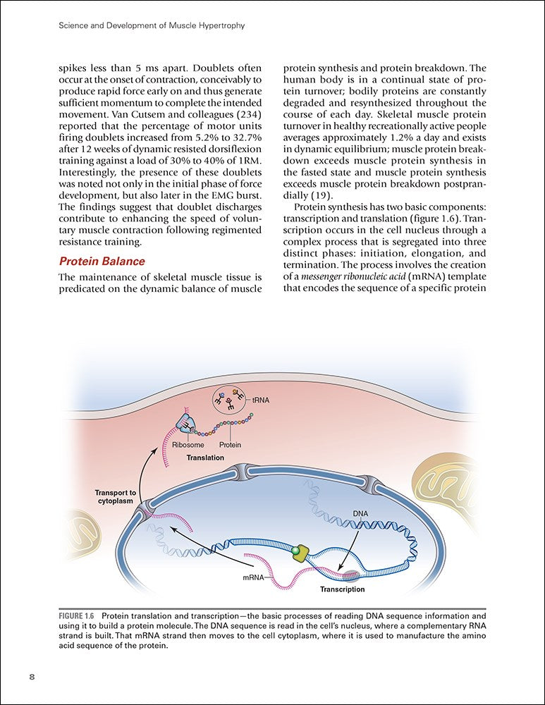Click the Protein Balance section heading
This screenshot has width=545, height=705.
pos(102,262)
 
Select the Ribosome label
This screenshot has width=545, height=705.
pos(188,445)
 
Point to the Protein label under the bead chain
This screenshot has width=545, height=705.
pos(230,445)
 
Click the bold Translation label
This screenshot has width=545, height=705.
pos(205,458)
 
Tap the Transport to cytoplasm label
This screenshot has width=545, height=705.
pos(116,496)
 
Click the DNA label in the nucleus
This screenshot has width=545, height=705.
pos(360,513)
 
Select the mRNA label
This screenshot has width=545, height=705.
pos(252,577)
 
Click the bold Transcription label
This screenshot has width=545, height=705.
pos(342,589)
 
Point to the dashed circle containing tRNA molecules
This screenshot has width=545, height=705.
pos(230,403)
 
